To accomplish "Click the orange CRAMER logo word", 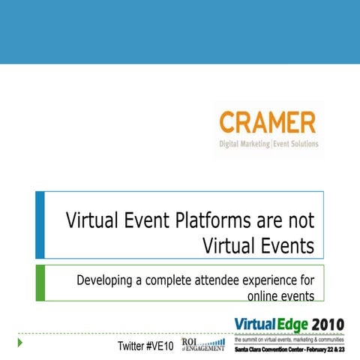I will point(267,122).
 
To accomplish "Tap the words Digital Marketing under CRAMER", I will point(244,144).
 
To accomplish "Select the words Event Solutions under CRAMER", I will point(296,144).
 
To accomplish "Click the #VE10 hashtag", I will point(161,346).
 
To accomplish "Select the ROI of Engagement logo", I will point(202,343).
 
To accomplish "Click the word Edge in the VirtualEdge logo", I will point(287,323).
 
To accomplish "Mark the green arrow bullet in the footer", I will point(21,343).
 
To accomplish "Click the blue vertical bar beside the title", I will point(40,225).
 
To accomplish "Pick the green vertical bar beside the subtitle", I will point(40,282).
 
